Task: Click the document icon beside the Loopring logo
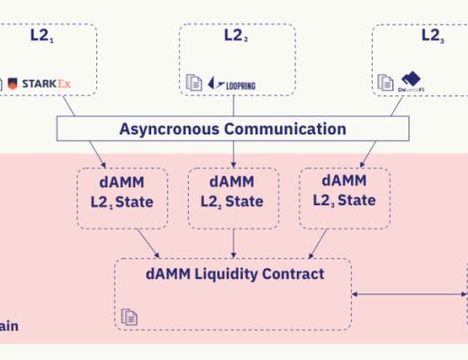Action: tap(193, 83)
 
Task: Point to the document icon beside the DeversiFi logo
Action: tap(384, 83)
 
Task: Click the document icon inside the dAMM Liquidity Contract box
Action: tap(130, 316)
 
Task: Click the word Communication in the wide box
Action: tap(287, 129)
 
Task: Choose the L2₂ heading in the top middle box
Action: tap(236, 38)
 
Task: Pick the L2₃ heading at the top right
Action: tap(430, 37)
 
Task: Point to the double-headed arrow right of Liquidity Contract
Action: tap(409, 292)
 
